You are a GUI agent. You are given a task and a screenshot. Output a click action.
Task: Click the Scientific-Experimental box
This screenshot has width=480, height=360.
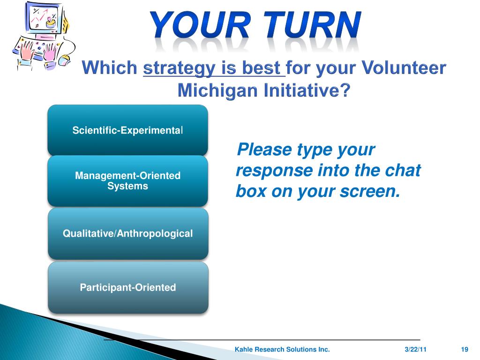[x=127, y=130]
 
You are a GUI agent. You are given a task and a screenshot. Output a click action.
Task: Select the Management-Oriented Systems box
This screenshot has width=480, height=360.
[x=127, y=181]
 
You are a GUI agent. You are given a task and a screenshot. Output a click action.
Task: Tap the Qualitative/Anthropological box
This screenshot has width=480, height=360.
[x=128, y=233]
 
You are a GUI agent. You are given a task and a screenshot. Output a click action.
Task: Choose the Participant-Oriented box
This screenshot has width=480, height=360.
[x=128, y=287]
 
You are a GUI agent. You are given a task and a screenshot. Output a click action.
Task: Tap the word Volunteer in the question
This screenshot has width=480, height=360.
[x=404, y=67]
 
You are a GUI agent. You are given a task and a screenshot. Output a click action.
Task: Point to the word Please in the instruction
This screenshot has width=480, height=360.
[x=264, y=150]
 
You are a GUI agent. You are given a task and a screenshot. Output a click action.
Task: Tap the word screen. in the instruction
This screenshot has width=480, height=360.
[x=370, y=192]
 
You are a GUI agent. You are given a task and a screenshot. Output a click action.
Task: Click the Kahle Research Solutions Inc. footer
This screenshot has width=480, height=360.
[x=282, y=349]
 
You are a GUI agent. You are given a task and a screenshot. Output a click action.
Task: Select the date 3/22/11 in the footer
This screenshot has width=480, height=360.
[x=415, y=349]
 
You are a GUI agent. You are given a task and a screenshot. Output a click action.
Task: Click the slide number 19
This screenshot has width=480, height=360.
[x=465, y=349]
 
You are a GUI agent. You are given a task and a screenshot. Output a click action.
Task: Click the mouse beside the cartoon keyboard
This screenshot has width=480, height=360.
[x=64, y=60]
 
